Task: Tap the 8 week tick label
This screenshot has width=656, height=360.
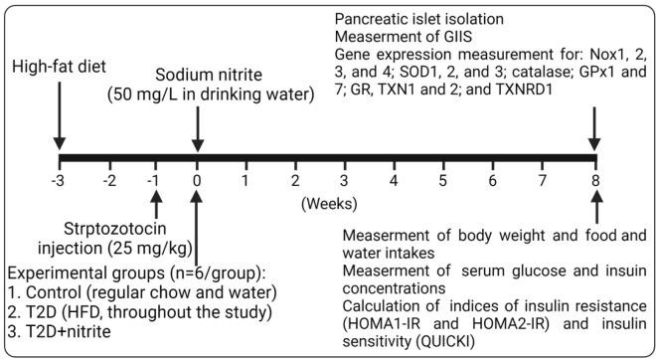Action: [594, 181]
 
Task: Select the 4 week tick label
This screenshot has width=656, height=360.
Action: [395, 181]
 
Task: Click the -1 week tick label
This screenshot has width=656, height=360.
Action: [154, 181]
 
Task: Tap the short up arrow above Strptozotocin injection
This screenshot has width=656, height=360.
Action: [155, 209]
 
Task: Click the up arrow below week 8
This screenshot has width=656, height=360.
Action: [595, 211]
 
